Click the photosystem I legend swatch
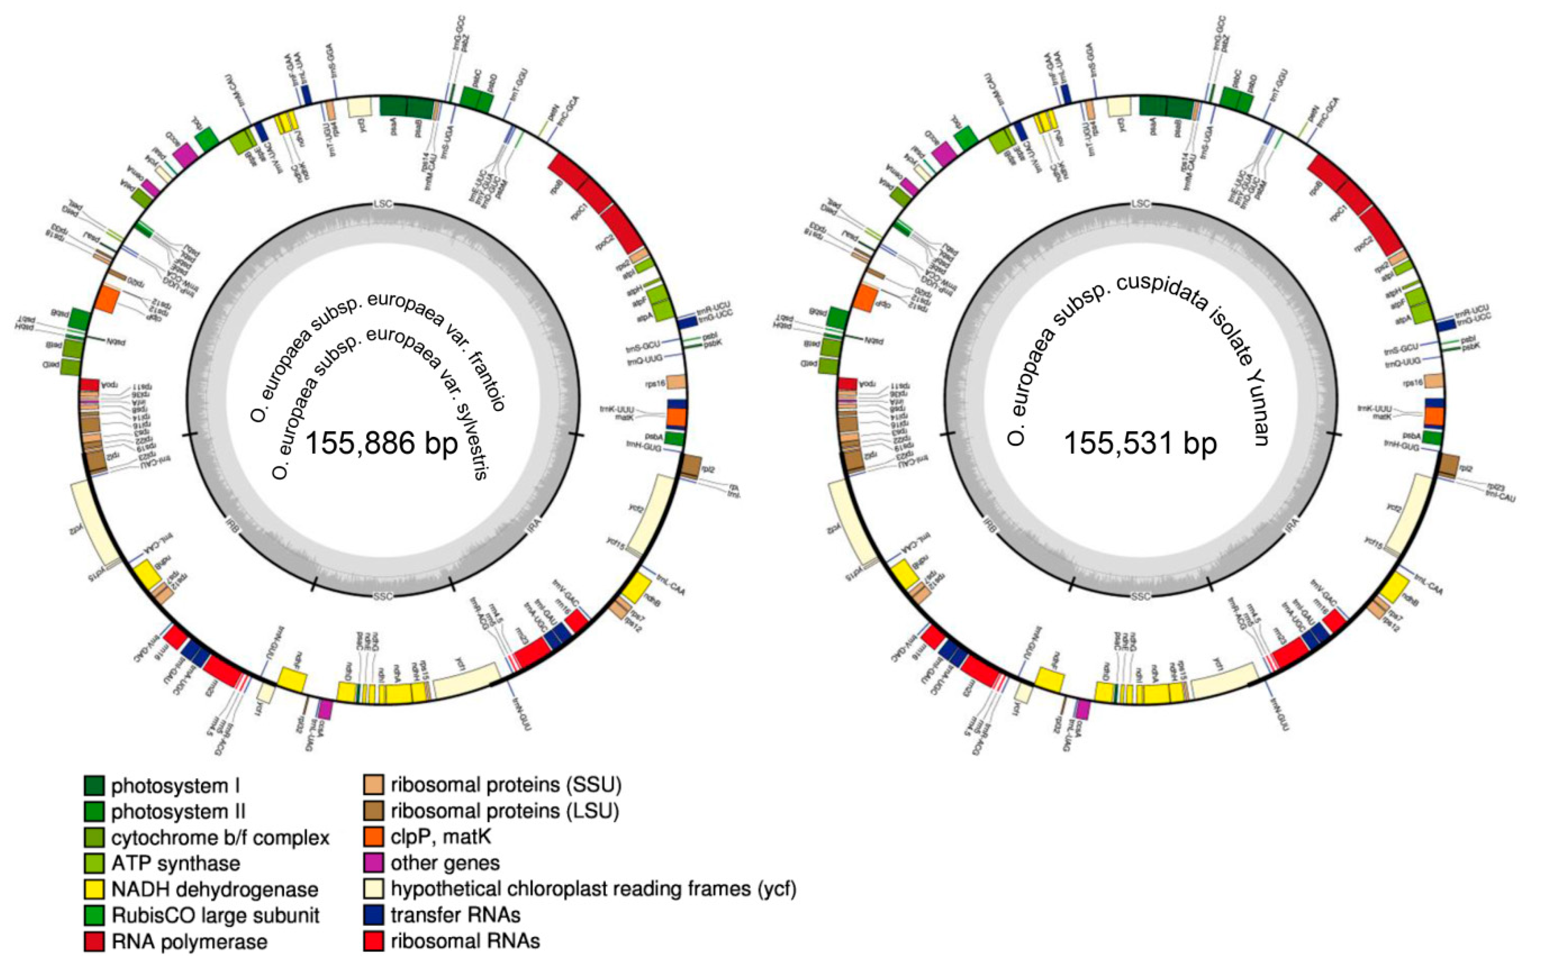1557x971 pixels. (x=94, y=785)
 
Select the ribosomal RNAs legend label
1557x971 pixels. (x=465, y=941)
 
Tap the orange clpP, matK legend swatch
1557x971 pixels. (x=373, y=838)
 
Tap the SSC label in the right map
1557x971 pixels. (x=1140, y=597)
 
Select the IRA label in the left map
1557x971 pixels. (x=534, y=522)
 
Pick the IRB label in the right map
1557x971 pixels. (x=989, y=527)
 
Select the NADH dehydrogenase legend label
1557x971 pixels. (x=215, y=889)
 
